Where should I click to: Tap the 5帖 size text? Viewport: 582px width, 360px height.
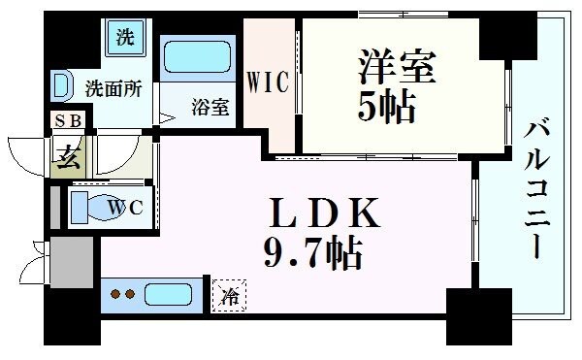[x=388, y=106]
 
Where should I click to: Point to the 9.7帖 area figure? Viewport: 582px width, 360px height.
[x=311, y=254]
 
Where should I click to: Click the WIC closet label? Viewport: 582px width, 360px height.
[x=269, y=82]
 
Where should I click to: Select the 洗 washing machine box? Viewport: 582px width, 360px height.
[x=125, y=39]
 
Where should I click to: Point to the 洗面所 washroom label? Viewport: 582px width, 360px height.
[x=113, y=87]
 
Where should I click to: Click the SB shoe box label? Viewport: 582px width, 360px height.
[x=67, y=121]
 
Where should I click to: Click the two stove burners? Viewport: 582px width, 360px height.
[x=123, y=293]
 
